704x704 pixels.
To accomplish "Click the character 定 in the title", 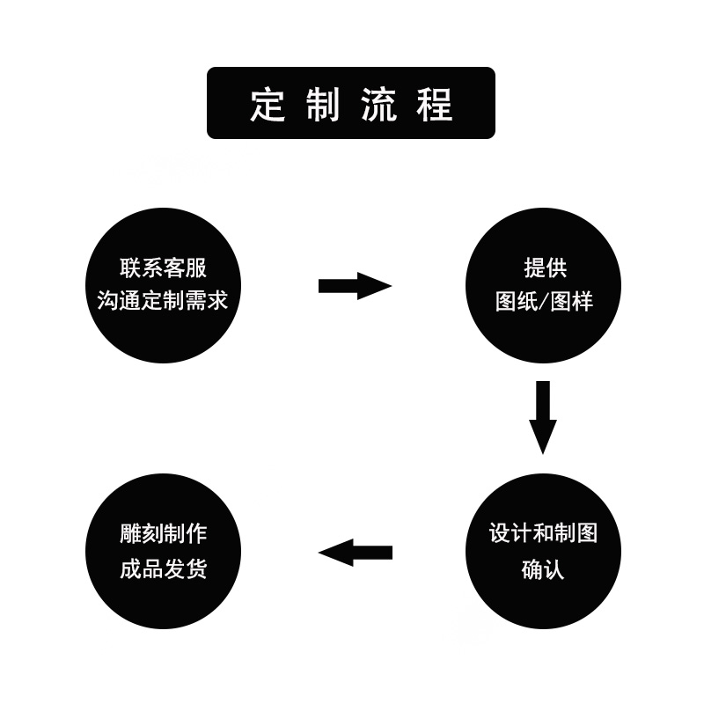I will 268,105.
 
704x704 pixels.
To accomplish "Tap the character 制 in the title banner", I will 323,105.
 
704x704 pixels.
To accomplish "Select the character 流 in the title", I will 378,105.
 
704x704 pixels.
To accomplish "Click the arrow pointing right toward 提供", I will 354,286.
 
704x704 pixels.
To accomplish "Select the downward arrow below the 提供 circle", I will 543,417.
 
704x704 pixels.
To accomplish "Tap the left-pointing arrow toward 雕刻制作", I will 355,553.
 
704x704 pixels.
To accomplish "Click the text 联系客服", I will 163,268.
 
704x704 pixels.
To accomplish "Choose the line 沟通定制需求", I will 163,301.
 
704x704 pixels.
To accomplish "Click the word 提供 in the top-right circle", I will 545,268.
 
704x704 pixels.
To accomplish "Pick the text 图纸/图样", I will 544,302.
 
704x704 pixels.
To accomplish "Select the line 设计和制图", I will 543,534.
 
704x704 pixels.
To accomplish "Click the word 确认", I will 543,568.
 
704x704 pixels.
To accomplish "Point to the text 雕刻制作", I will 163,534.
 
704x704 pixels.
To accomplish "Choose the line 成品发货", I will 163,568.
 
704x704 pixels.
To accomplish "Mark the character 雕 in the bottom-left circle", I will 129,534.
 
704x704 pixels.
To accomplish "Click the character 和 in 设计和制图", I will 544,534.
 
